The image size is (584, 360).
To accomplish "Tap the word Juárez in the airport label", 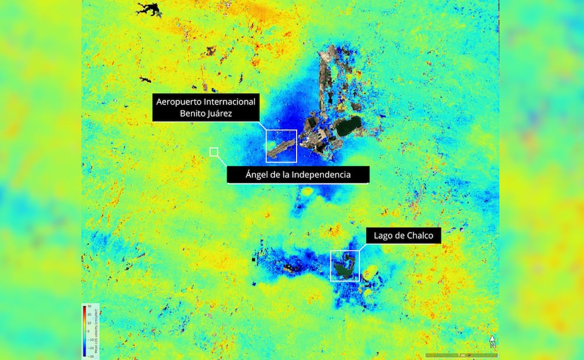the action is pyautogui.click(x=217, y=114).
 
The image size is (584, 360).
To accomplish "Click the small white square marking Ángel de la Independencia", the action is pyautogui.click(x=214, y=152).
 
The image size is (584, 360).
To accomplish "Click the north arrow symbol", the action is pyautogui.click(x=492, y=341).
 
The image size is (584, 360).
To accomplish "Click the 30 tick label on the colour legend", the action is pyautogui.click(x=89, y=307).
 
